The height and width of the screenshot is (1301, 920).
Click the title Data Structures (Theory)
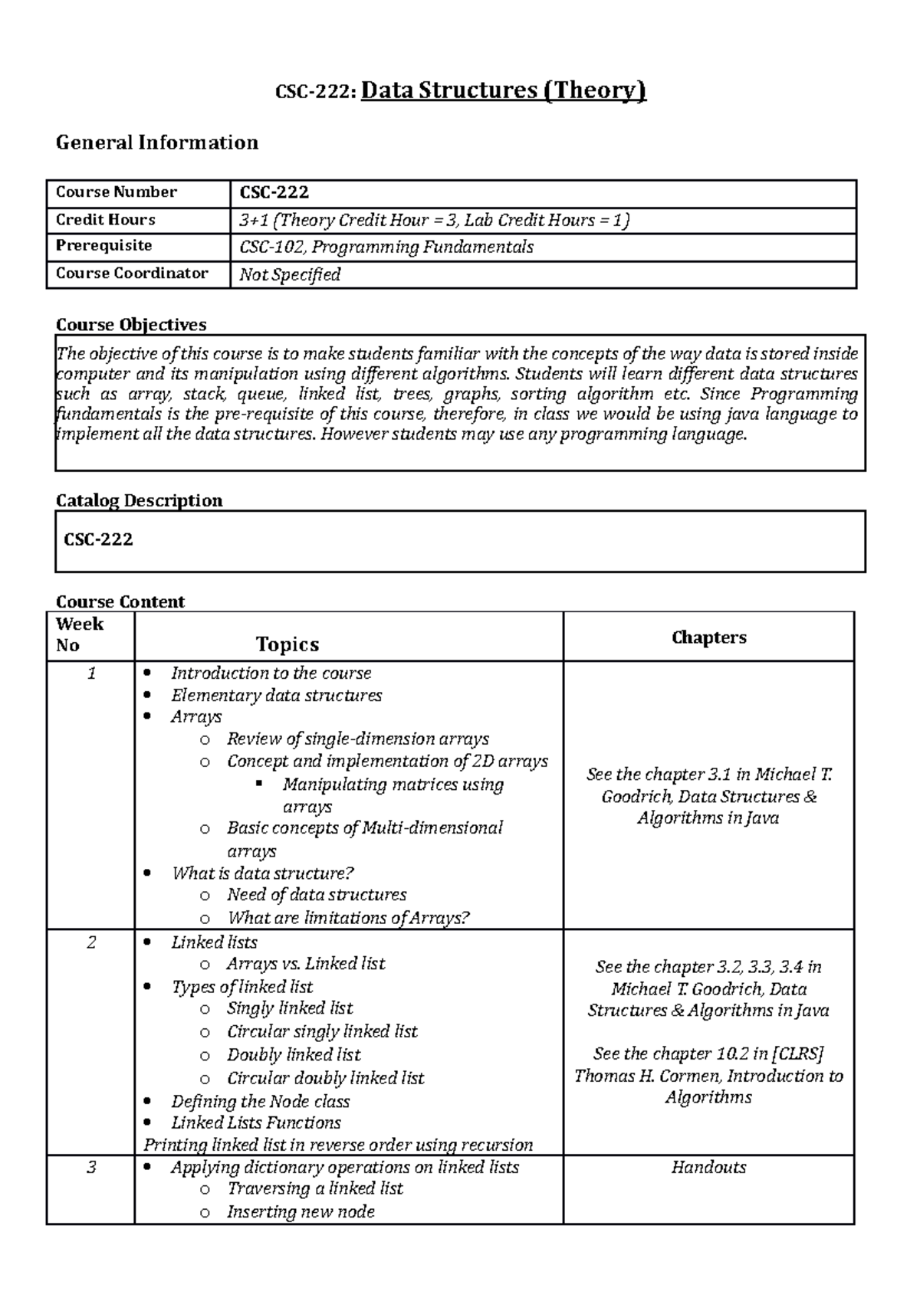pos(503,90)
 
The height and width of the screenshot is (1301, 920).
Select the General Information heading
pos(156,143)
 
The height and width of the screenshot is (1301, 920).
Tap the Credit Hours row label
pos(105,220)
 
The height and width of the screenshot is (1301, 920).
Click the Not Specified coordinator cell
pos(289,274)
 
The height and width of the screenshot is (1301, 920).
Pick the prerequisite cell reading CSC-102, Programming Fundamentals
pos(386,247)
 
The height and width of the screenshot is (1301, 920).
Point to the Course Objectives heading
pos(131,324)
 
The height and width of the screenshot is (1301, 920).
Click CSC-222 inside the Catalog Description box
pos(98,539)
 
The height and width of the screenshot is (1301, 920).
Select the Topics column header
pos(287,644)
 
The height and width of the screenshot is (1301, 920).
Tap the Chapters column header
pos(708,637)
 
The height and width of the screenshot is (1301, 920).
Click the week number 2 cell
pos(91,942)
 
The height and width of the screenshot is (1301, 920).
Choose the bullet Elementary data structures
pos(276,696)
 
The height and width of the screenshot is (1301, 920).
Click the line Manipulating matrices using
pos(393,785)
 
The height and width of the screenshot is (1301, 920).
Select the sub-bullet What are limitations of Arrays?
pos(348,918)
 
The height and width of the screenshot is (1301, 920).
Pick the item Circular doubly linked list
pos(325,1078)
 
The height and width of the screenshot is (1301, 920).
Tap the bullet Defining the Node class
pos(260,1101)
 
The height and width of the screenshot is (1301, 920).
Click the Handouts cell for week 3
pos(708,1167)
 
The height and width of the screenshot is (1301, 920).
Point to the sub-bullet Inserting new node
pos(301,1211)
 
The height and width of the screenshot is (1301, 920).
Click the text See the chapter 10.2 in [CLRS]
pos(708,1054)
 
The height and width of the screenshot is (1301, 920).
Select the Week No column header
pos(79,634)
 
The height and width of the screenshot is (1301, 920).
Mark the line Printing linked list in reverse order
pos(337,1145)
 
